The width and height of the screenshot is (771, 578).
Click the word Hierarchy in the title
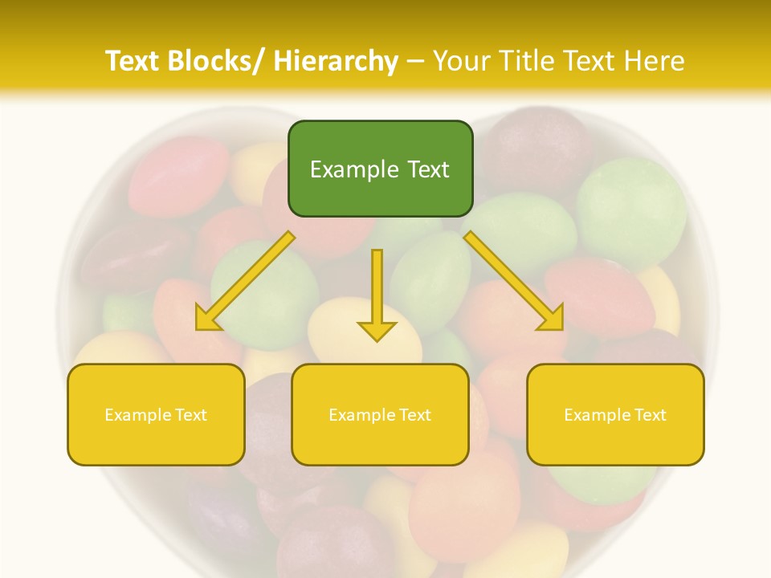tap(335, 61)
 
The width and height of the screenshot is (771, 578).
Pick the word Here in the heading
tap(655, 61)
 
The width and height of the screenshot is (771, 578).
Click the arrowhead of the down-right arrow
tap(552, 319)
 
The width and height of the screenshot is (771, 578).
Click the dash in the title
tap(415, 61)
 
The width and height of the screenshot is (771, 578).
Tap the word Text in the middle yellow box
tap(415, 415)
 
